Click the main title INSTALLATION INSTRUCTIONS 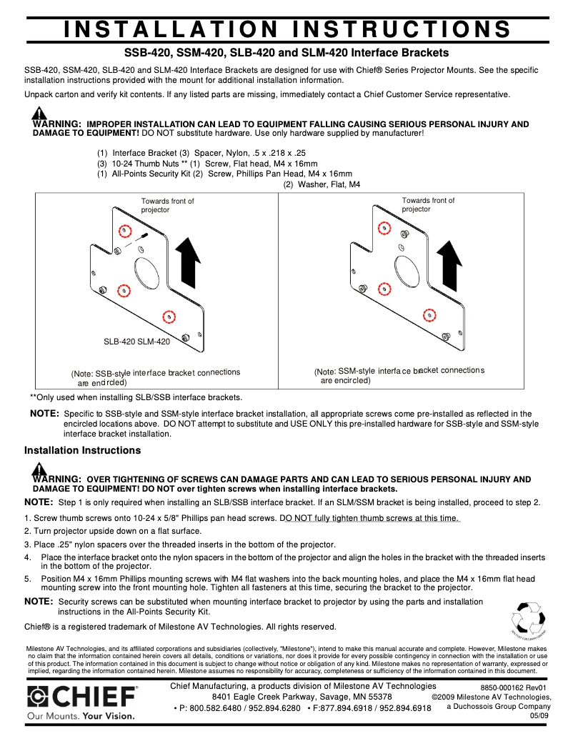[286, 29]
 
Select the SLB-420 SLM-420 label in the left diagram [137, 342]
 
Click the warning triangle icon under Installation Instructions [39, 469]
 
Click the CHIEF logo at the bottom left [82, 697]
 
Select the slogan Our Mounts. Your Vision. [79, 715]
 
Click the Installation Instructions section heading [82, 450]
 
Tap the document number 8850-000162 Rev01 [513, 687]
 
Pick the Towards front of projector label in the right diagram [428, 205]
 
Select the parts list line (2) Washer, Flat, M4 [322, 184]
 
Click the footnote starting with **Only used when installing [136, 397]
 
